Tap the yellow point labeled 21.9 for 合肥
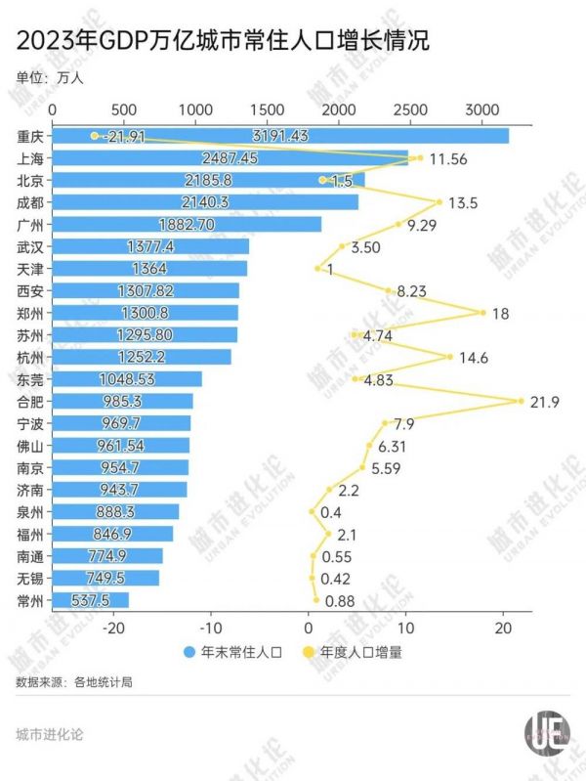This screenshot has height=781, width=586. [522, 401]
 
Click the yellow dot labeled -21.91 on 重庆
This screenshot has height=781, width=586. [95, 136]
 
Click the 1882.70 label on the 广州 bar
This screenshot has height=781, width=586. [186, 224]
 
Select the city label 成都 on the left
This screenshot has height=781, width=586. [29, 202]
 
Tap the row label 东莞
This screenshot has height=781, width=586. [29, 379]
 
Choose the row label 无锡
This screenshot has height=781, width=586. [29, 578]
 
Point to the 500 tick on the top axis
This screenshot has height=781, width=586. [124, 110]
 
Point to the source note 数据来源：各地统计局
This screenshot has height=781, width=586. [74, 681]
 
